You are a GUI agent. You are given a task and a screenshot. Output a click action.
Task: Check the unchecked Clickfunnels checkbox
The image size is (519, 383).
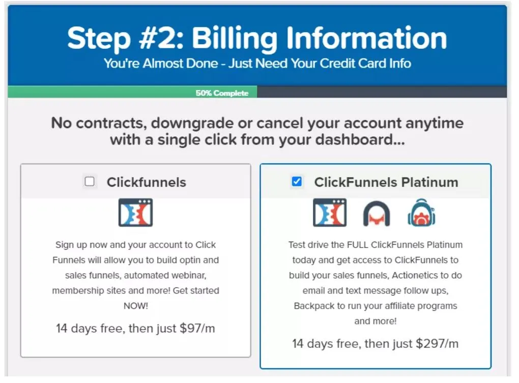(90, 182)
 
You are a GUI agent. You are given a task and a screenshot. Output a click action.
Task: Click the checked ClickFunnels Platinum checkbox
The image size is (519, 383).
(297, 181)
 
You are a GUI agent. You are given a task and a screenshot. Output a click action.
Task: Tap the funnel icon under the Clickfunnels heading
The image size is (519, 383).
(135, 212)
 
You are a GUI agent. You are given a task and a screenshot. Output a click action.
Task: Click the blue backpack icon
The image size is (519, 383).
(421, 213)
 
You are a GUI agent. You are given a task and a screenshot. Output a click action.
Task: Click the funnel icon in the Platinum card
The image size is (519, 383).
(330, 212)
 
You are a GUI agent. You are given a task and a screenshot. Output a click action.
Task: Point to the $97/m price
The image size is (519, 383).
(197, 329)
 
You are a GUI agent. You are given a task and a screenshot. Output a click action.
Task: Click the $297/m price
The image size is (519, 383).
(437, 344)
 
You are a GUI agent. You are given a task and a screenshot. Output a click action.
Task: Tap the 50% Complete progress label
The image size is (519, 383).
(222, 93)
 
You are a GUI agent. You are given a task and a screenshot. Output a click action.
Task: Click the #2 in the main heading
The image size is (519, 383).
(161, 38)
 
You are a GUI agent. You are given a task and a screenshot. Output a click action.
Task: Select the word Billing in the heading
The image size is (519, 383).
(235, 39)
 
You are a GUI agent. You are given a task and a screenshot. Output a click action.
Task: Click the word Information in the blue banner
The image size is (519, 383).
(366, 38)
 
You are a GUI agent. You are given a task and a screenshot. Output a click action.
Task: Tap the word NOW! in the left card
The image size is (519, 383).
(136, 306)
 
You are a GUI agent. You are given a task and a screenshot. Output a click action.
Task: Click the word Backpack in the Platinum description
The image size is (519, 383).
(314, 306)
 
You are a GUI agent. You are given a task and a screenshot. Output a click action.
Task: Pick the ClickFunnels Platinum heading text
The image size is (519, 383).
(386, 182)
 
